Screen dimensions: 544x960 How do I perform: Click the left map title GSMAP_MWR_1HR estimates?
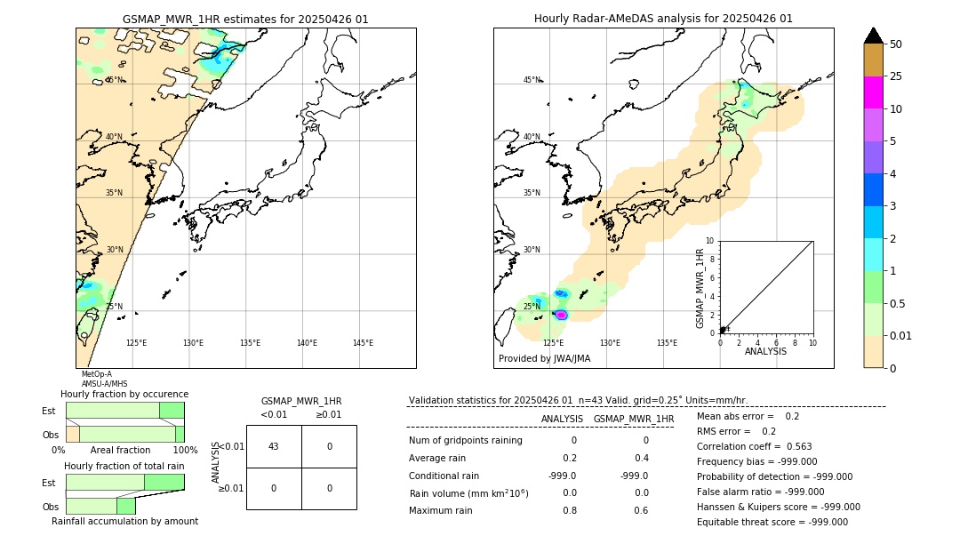point(245,19)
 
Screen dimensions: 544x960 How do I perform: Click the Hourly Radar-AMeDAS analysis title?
point(663,19)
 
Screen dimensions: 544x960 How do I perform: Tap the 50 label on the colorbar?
point(896,44)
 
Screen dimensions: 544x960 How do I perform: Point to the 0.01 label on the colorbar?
point(901,335)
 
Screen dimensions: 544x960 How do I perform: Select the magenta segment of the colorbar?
point(873,92)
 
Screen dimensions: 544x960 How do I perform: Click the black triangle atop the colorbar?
point(873,36)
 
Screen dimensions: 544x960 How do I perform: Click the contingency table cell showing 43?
point(274,446)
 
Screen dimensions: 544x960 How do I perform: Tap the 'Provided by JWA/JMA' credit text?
point(544,359)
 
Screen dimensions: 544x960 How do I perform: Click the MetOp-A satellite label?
point(96,374)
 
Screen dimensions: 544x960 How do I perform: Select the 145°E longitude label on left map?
point(363,343)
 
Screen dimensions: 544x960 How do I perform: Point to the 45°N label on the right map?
point(532,80)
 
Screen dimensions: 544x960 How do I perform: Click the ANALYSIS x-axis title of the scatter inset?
point(765,351)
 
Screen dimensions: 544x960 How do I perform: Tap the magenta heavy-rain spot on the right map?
point(562,314)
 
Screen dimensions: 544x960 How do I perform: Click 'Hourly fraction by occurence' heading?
point(124,394)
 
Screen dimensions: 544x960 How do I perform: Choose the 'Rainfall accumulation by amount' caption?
point(124,522)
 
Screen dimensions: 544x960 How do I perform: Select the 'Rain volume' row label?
point(468,492)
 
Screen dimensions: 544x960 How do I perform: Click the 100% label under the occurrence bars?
point(185,451)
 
